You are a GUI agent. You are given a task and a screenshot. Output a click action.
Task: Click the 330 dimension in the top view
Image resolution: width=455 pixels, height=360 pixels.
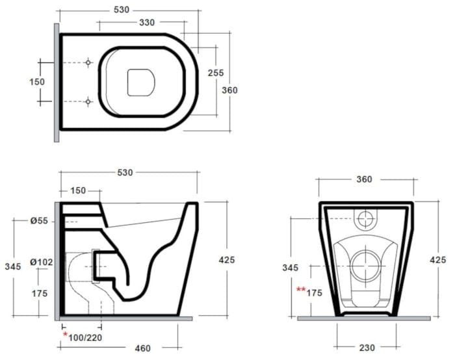[x=147, y=23]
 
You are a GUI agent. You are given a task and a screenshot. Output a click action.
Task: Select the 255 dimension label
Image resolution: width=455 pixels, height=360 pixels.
[x=215, y=73]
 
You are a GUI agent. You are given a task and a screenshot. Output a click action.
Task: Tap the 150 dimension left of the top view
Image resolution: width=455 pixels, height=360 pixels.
[x=37, y=82]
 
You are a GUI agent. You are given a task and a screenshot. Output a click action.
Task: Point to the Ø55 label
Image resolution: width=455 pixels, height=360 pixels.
[x=38, y=221]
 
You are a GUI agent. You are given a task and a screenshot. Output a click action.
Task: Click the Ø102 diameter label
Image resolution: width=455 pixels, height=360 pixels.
[x=41, y=263]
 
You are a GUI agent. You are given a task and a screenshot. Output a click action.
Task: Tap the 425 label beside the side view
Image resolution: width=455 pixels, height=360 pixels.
[x=226, y=259]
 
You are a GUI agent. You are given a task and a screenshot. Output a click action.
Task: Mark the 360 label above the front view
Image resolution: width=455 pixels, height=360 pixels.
[x=365, y=179]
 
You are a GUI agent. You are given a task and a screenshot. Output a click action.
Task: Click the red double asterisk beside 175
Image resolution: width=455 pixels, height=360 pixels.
[x=300, y=290]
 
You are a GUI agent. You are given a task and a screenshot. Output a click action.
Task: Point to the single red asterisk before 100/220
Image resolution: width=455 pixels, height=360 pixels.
[x=65, y=335]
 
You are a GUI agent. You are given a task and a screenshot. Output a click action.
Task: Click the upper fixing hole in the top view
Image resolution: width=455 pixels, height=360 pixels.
[x=88, y=62]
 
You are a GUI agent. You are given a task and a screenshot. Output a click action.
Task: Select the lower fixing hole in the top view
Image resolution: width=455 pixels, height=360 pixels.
[x=88, y=101]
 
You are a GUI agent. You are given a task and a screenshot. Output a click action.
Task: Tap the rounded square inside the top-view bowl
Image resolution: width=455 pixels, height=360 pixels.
[x=140, y=82]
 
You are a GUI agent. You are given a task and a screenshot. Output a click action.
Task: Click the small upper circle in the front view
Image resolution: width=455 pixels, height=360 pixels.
[x=365, y=218]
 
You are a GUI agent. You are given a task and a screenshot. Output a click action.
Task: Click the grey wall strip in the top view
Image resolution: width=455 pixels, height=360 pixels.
[x=57, y=83]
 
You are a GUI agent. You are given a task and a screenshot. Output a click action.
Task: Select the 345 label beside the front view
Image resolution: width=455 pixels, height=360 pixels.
[x=291, y=267]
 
